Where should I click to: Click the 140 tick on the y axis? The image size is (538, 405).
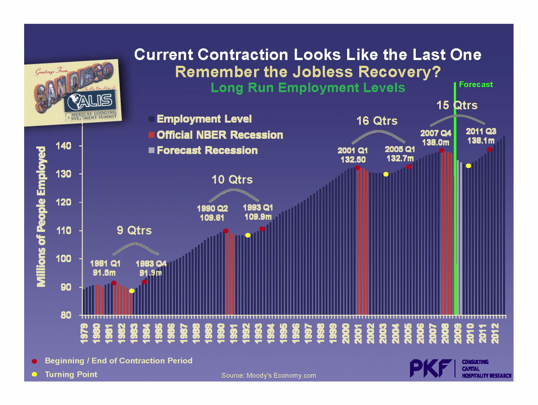[64, 146]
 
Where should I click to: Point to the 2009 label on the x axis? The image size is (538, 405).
[458, 333]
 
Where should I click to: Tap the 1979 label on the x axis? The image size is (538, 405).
[84, 333]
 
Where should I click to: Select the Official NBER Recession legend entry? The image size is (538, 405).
[219, 135]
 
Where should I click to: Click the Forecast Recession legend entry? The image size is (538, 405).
[207, 150]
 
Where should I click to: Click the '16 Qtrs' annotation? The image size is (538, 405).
[377, 121]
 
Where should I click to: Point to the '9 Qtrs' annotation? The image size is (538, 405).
[134, 230]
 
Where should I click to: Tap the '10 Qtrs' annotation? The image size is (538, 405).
[232, 180]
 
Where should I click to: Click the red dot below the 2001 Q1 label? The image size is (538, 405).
[357, 168]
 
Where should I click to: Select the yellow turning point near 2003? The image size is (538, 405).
[386, 174]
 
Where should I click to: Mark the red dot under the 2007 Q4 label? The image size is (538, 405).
[441, 150]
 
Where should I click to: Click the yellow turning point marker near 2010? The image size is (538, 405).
[468, 166]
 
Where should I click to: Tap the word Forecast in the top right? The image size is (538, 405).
[476, 84]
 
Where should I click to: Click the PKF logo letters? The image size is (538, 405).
[431, 368]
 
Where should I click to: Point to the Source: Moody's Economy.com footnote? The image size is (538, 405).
[269, 375]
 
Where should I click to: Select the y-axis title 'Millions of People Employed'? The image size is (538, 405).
[41, 217]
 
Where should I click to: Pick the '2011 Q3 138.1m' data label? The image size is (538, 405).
[481, 136]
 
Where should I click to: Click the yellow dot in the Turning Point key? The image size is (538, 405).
[34, 374]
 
